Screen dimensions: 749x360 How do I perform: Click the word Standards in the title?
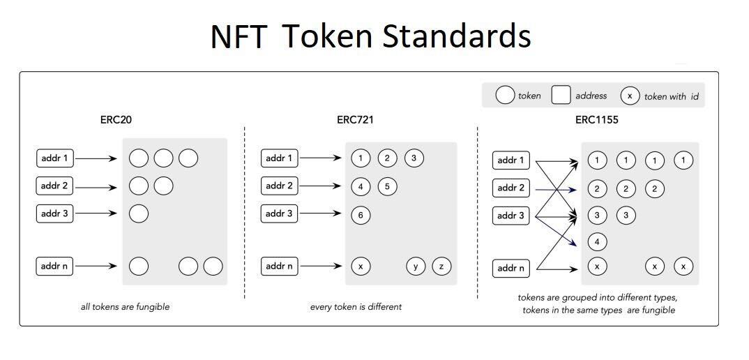click(x=456, y=37)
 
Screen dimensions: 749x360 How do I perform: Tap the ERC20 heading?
click(x=116, y=119)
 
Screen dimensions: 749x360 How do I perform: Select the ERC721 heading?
click(x=355, y=119)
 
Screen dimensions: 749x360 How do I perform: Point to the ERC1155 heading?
click(x=597, y=119)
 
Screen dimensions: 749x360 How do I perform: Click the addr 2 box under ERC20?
click(x=55, y=186)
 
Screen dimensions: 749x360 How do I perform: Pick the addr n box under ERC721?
click(x=280, y=267)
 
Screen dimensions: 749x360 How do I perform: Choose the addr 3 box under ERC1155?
click(x=511, y=216)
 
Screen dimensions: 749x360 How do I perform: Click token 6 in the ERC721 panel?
click(x=361, y=215)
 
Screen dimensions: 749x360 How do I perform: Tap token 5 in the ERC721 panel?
click(x=387, y=186)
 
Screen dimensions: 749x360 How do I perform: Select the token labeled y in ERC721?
click(x=416, y=267)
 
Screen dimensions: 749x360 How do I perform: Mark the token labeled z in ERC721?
click(x=441, y=267)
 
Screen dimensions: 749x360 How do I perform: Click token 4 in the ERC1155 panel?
click(x=597, y=241)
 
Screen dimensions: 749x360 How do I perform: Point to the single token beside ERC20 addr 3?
click(x=139, y=213)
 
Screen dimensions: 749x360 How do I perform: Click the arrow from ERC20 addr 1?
click(x=96, y=159)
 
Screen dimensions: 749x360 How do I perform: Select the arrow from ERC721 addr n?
click(x=321, y=267)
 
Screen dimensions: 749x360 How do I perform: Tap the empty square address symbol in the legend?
click(x=561, y=95)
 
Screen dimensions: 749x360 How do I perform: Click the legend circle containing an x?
click(x=630, y=96)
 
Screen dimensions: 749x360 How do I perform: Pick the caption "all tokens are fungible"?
click(x=125, y=307)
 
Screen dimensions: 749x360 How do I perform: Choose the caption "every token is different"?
click(x=356, y=307)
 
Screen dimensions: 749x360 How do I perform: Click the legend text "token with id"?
click(x=671, y=96)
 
